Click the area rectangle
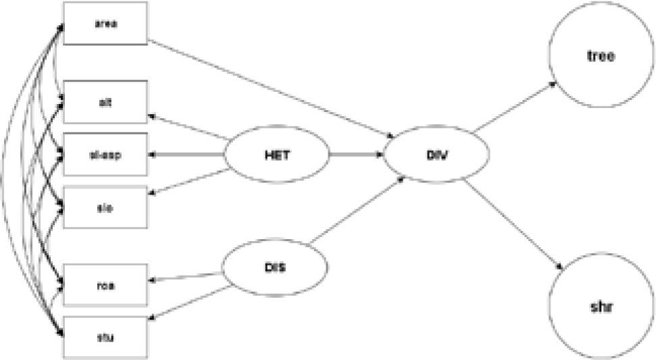click(105, 23)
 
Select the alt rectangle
click(105, 102)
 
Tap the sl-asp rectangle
click(105, 155)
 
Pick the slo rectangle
click(105, 207)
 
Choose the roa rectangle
click(105, 284)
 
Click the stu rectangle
click(105, 336)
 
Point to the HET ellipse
click(277, 155)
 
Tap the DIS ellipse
click(276, 267)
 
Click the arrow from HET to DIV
click(356, 155)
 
